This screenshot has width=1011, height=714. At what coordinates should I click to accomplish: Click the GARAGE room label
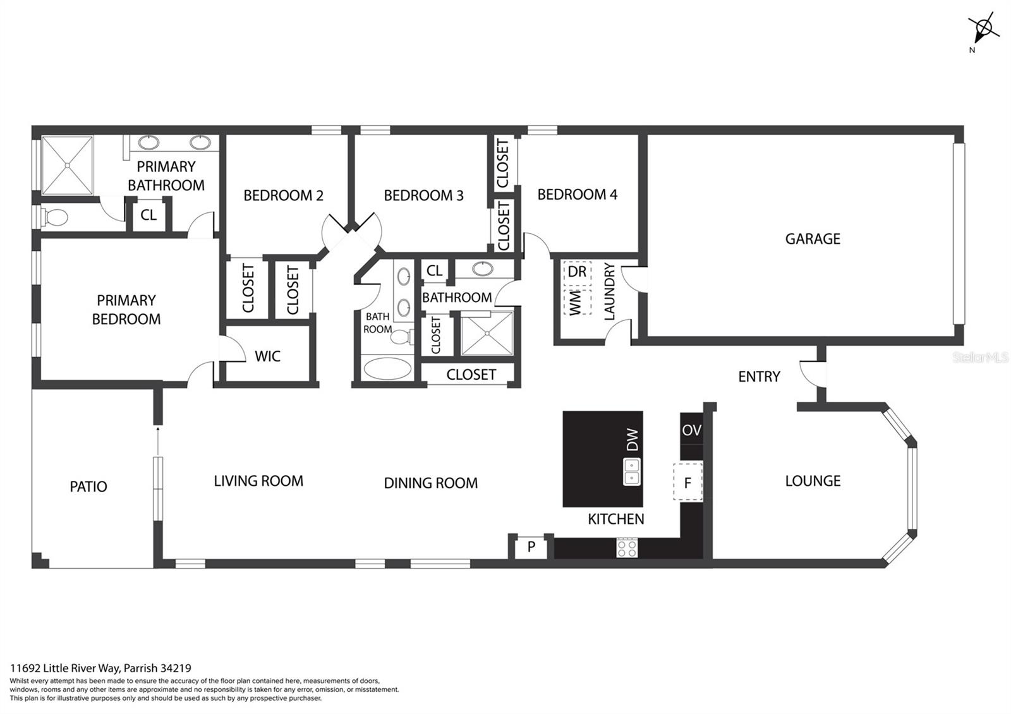(813, 239)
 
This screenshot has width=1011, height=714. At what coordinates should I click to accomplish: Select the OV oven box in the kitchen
(691, 430)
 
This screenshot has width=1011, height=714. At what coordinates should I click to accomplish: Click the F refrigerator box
(688, 481)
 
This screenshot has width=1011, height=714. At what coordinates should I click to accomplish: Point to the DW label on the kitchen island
(633, 440)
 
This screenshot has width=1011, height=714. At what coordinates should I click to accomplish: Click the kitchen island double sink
(632, 471)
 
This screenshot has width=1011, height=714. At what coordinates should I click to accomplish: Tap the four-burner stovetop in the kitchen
(627, 548)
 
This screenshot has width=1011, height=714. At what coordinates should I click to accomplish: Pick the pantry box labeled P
(531, 547)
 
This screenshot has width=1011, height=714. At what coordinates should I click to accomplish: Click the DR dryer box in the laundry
(578, 273)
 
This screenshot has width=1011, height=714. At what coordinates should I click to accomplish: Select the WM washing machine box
(578, 301)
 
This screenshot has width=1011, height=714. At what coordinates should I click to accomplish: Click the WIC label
(267, 356)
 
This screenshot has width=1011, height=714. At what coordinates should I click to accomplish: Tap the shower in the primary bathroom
(67, 166)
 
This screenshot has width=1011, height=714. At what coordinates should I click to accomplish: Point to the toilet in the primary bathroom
(54, 217)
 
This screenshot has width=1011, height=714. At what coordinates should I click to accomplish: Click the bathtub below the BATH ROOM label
(388, 368)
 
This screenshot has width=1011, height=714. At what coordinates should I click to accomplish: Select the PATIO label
(88, 487)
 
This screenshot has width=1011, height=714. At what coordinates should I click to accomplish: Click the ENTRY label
(759, 377)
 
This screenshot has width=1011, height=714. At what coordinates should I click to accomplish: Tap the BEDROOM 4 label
(578, 195)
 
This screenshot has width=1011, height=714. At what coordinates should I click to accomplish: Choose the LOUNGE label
(813, 481)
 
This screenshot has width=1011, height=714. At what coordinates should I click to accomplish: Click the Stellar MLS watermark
(980, 358)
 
